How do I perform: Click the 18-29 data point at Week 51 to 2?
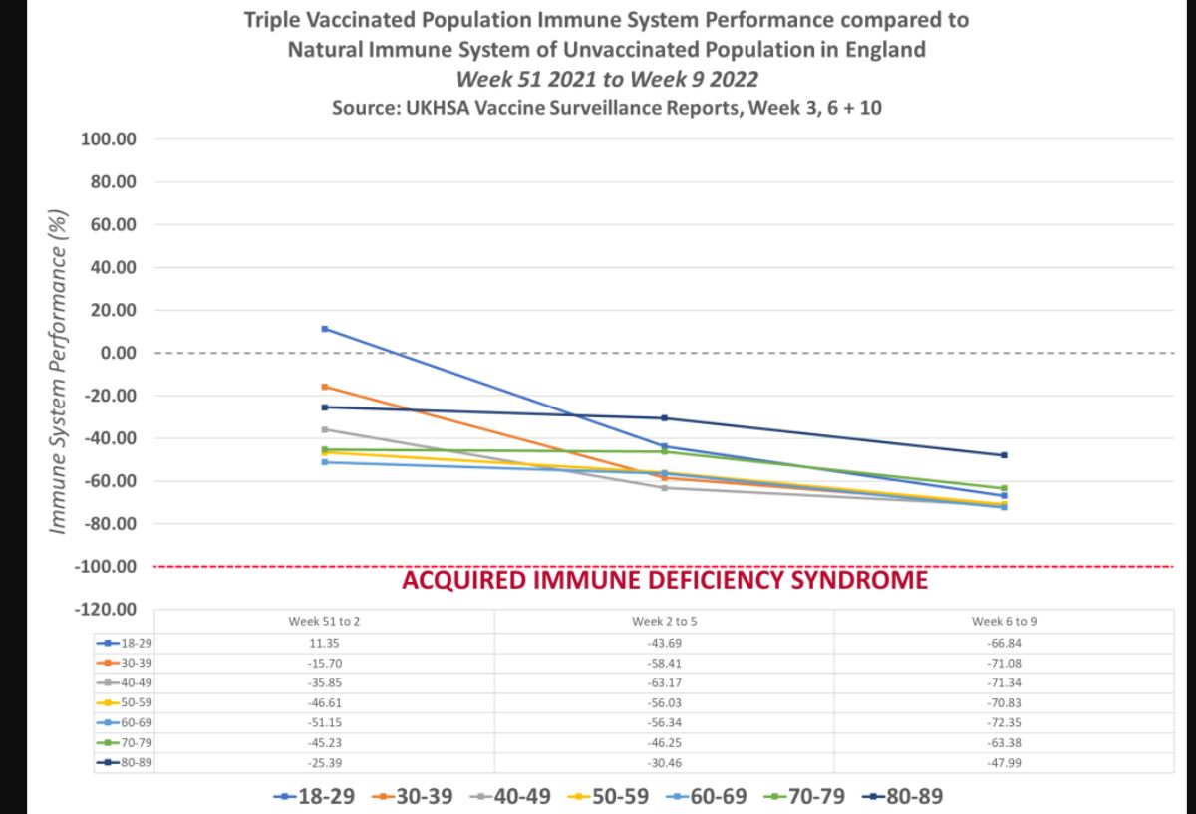(325, 329)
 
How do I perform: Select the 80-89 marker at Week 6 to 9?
(1004, 455)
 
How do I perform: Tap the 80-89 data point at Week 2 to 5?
(664, 418)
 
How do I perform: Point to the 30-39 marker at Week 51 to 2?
(325, 387)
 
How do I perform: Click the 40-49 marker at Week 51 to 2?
(325, 429)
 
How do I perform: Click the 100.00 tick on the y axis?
(108, 139)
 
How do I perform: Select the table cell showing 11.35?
(325, 643)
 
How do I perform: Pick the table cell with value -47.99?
(1004, 762)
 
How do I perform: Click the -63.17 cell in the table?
(664, 682)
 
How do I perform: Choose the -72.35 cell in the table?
(1004, 722)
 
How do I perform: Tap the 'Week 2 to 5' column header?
(664, 621)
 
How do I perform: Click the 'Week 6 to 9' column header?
(1004, 621)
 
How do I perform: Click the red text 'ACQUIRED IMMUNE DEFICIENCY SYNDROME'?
(664, 579)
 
